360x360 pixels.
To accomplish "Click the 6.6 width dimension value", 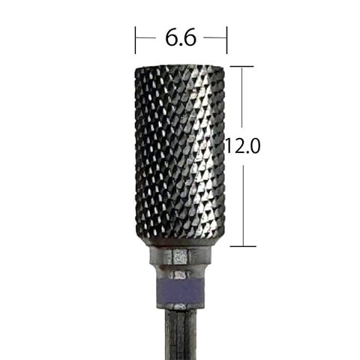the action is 181,38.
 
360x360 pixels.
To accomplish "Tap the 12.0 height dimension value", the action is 242,146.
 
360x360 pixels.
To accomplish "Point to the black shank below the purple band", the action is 181,334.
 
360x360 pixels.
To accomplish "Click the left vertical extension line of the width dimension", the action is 135,40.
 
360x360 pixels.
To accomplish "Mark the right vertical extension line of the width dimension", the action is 226,40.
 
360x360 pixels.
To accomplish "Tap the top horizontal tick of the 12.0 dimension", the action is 241,67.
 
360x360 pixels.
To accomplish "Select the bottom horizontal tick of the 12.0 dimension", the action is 243,246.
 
